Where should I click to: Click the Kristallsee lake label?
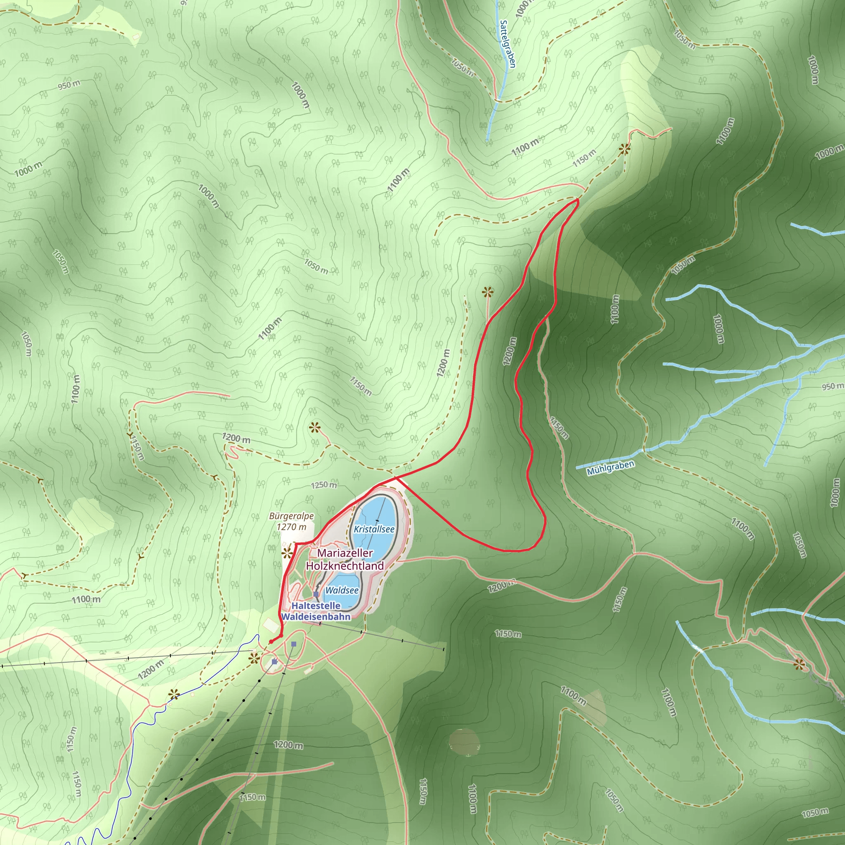[374, 529]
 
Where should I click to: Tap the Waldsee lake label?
[342, 590]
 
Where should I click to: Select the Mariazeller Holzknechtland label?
[345, 559]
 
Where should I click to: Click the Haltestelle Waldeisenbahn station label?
[316, 611]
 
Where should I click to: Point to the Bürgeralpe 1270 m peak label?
[291, 522]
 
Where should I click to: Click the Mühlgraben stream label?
[611, 468]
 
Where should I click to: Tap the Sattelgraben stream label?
[507, 44]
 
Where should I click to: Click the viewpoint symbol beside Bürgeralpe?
[287, 553]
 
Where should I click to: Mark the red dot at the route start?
[271, 642]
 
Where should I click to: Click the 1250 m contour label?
[324, 485]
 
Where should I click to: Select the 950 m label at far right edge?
[832, 386]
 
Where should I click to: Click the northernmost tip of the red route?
[578, 200]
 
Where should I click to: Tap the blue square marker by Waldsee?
[316, 595]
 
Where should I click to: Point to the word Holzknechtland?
[345, 566]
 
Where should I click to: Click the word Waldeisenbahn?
[316, 617]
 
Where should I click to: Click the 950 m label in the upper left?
[69, 85]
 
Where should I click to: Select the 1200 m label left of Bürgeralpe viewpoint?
[236, 438]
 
